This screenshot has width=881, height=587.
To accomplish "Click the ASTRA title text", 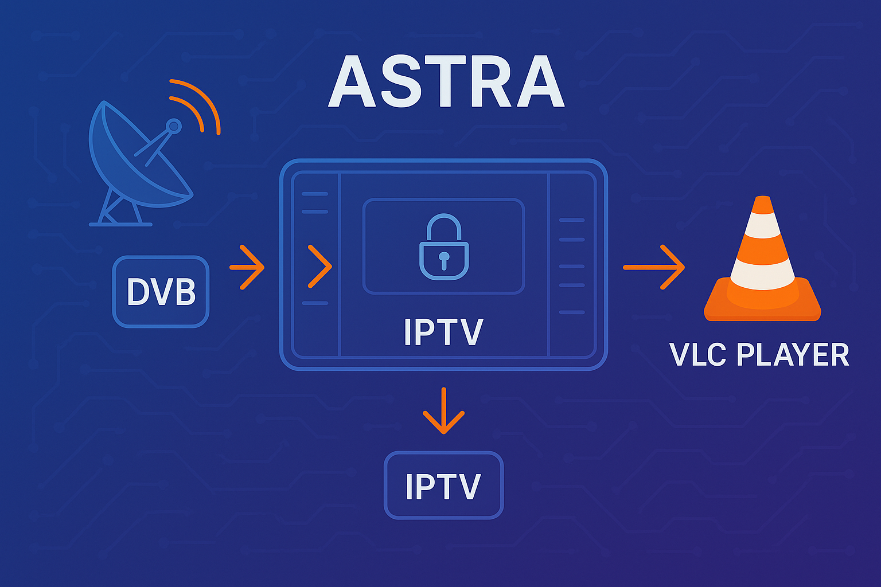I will [446, 82].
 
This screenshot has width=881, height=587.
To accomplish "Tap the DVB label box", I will [161, 292].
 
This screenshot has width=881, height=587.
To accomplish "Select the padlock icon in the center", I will [443, 248].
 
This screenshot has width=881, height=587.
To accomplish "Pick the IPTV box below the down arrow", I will [443, 486].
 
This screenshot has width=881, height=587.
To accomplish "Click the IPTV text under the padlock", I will [443, 332].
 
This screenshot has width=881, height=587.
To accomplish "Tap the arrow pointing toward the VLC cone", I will [654, 267].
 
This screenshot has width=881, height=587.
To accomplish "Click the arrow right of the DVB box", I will [247, 267].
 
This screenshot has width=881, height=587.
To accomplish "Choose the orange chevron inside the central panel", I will [319, 267].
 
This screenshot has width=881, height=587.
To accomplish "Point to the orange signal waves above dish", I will [198, 106].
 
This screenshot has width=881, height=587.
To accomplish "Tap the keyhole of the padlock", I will [443, 260].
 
